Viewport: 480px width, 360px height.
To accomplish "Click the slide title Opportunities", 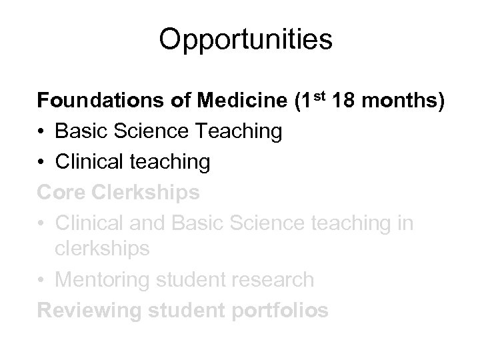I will [x=245, y=41].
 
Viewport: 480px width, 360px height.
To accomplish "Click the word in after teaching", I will [x=404, y=223].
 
